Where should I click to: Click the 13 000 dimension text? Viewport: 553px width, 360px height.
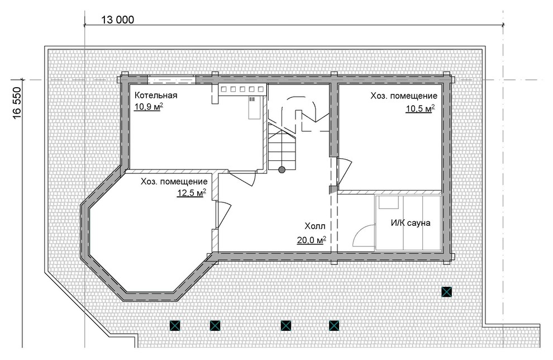(118, 20)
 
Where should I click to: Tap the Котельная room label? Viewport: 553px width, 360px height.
(156, 95)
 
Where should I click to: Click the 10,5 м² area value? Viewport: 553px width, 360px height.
(420, 108)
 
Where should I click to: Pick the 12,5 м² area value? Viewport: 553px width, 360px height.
(192, 192)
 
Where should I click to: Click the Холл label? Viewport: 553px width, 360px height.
(315, 226)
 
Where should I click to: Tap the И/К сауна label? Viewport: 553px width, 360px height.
(411, 223)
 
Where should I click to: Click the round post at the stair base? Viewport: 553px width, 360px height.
(282, 170)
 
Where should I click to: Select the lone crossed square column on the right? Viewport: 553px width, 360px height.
(446, 292)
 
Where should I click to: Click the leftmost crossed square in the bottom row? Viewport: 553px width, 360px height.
(175, 325)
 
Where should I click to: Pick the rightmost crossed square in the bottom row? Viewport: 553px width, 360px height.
(334, 325)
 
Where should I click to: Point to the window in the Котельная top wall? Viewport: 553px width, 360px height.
(171, 79)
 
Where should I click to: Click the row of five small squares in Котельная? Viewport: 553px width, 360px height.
(242, 89)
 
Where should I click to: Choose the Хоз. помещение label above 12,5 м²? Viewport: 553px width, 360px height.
(174, 182)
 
